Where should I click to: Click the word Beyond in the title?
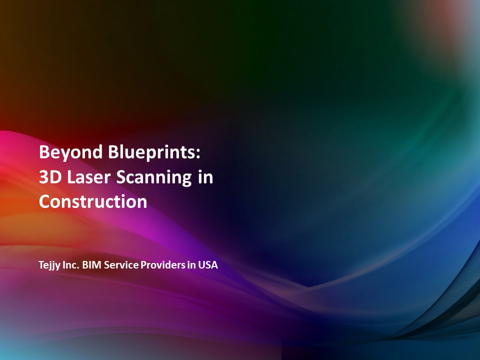pyautogui.click(x=70, y=152)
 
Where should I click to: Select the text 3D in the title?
pyautogui.click(x=50, y=177)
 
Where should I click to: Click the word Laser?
pyautogui.click(x=88, y=177)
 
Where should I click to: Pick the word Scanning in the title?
pyautogui.click(x=154, y=177)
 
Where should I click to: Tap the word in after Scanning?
pyautogui.click(x=205, y=176)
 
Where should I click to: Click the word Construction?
pyautogui.click(x=93, y=201)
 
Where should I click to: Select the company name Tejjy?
pyautogui.click(x=49, y=265)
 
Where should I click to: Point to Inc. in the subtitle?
pyautogui.click(x=71, y=265)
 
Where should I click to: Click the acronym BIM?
pyautogui.click(x=92, y=265)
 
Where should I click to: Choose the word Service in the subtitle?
pyautogui.click(x=121, y=265)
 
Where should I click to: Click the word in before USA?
pyautogui.click(x=191, y=265)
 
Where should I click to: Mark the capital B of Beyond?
pyautogui.click(x=44, y=152)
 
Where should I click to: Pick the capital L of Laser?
pyautogui.click(x=71, y=177)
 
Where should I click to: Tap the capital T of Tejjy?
pyautogui.click(x=42, y=265)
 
